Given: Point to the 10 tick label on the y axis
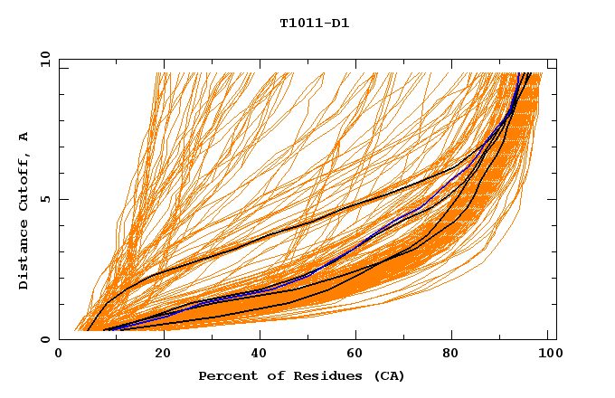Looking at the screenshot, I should click(44, 59).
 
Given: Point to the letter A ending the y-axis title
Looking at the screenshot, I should click(24, 137).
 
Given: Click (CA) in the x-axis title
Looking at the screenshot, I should click(387, 375).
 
